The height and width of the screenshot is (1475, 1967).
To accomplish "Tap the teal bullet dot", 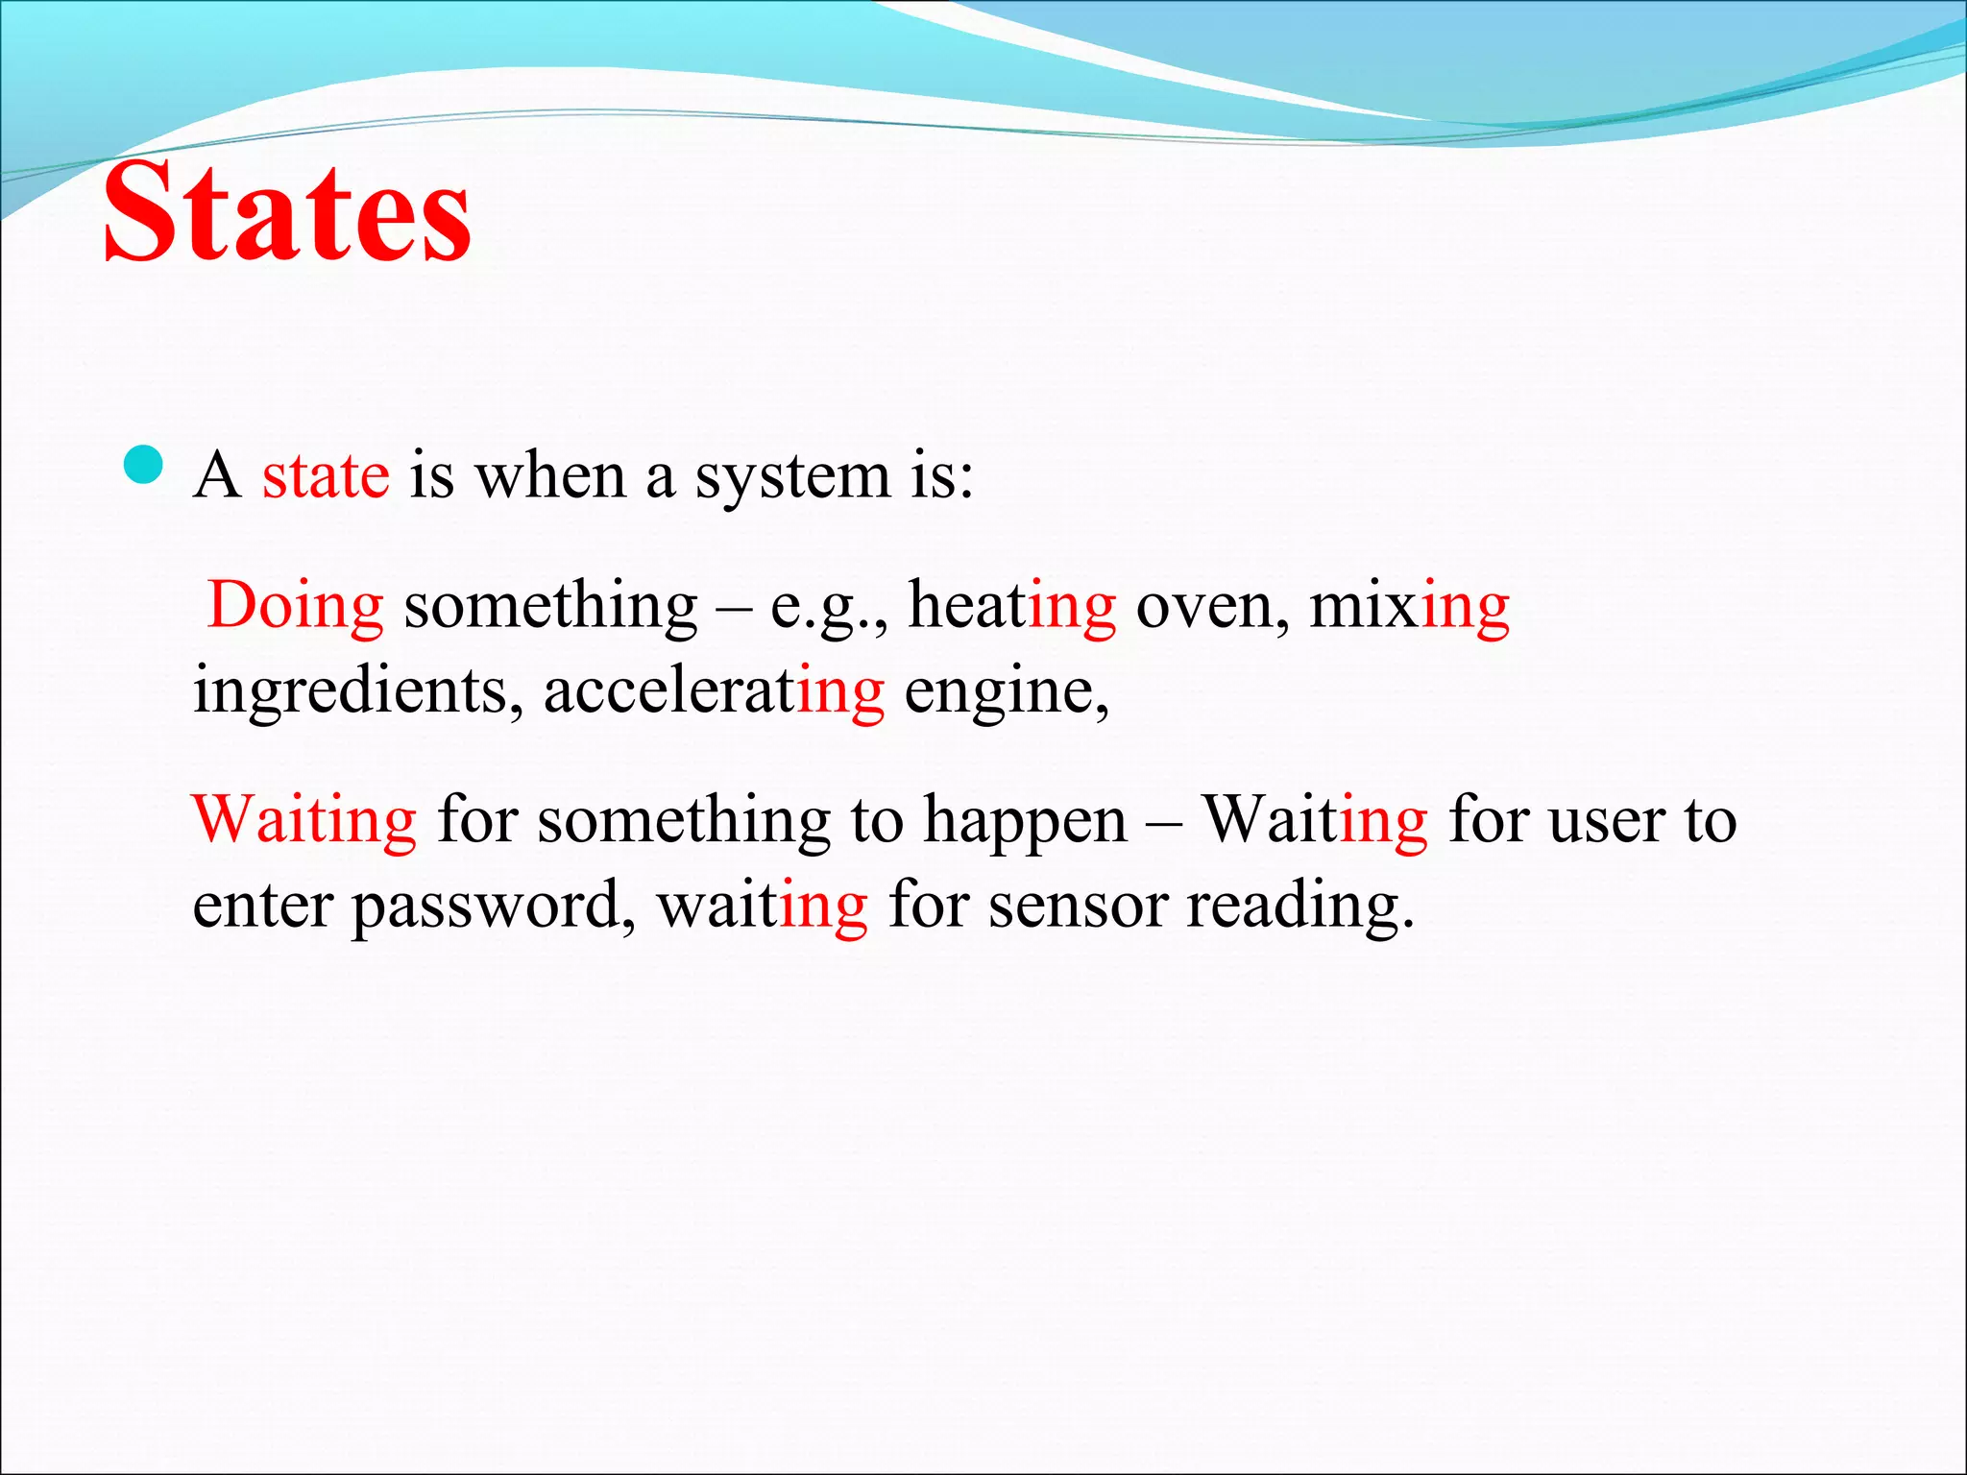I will [x=145, y=467].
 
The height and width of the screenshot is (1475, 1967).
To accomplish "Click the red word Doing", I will [x=296, y=607].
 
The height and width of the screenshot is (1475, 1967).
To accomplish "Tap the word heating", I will [x=1012, y=607].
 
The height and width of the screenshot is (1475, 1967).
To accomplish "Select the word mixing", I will [x=1409, y=607].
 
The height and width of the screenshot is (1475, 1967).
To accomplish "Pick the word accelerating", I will [x=714, y=691].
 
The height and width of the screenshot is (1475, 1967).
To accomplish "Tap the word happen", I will [x=1025, y=822].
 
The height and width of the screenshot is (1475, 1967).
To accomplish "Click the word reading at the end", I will [x=1299, y=907].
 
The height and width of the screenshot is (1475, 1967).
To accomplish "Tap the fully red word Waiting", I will [x=304, y=822].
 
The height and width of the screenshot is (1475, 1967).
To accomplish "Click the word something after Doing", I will [x=550, y=607].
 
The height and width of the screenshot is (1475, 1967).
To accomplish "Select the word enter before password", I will [x=261, y=907].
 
